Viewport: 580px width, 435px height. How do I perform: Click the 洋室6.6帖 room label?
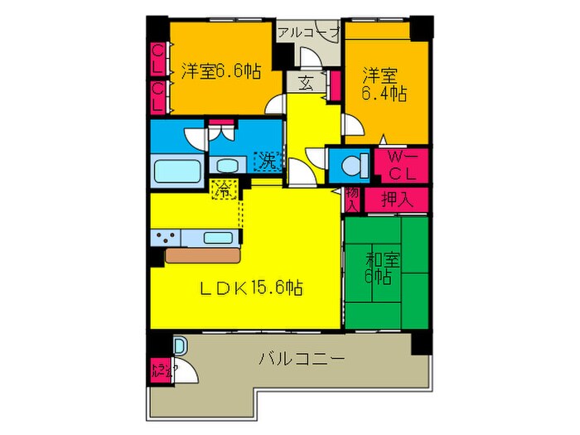tap(220, 71)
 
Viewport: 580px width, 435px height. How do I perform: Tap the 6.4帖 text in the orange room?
tap(383, 94)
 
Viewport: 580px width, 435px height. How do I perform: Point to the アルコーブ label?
tap(309, 32)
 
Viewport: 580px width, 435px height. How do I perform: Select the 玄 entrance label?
tap(304, 83)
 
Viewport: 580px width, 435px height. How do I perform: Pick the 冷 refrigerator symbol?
tap(222, 188)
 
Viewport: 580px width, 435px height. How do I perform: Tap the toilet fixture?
tap(352, 165)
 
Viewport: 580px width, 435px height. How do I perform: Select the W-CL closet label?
tap(402, 165)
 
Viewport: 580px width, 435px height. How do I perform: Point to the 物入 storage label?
tap(352, 200)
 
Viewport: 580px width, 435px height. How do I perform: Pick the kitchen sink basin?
tap(217, 238)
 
